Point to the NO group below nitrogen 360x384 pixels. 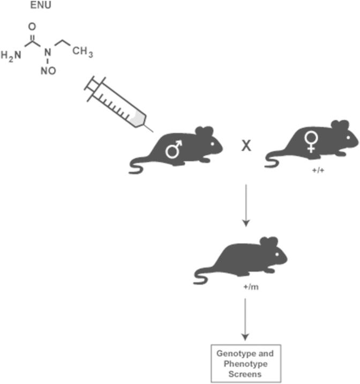[x=48, y=71]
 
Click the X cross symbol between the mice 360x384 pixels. [x=246, y=145]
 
